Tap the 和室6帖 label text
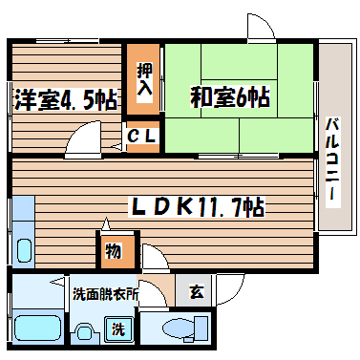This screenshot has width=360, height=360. (229, 96)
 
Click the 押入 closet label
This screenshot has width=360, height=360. (143, 79)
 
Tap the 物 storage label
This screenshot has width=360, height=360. (113, 252)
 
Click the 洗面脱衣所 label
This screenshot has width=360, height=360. (106, 294)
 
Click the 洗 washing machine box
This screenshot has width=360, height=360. (118, 331)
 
